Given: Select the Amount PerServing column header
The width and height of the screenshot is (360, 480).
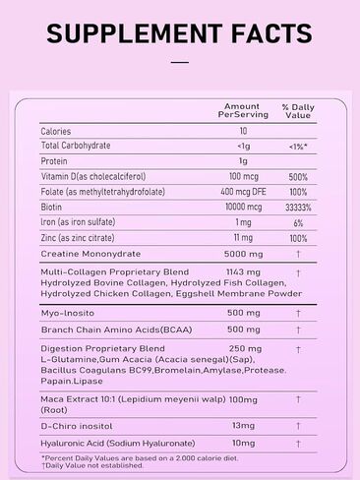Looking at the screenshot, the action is click(242, 110).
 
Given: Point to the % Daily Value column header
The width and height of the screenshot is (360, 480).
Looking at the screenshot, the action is click(297, 110).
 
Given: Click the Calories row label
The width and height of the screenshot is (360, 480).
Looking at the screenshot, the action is click(57, 131).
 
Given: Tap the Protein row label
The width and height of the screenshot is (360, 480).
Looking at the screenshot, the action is click(54, 161).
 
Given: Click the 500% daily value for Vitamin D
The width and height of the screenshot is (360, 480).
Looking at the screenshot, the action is click(297, 176).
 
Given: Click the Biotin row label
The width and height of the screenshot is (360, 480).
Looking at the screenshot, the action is click(52, 208).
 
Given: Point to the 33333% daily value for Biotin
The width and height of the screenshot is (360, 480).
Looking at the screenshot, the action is click(297, 208).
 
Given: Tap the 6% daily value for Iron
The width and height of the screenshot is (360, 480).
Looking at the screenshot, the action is click(297, 222).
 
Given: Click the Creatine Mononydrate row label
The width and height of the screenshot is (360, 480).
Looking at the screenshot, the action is click(90, 254).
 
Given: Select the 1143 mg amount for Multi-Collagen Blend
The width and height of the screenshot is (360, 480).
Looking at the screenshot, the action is click(242, 270).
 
